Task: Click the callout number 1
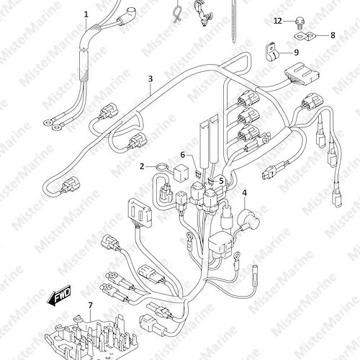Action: click(86, 15)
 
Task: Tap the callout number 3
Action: click(150, 78)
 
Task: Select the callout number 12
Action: click(278, 21)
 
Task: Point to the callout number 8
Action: click(333, 35)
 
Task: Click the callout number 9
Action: click(297, 53)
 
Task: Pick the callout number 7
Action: click(91, 305)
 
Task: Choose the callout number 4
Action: click(245, 193)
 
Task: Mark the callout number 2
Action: click(143, 166)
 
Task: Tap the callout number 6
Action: click(183, 155)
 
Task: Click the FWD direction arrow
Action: click(59, 295)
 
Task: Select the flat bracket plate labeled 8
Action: click(304, 36)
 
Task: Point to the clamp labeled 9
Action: click(271, 53)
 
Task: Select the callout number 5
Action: click(221, 181)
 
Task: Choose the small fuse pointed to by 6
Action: click(198, 174)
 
